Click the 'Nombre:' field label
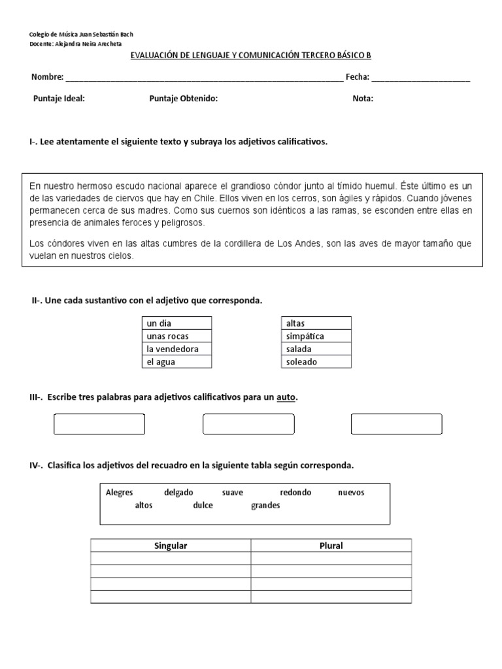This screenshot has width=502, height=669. point(47,77)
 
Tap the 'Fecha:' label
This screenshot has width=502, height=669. point(358,77)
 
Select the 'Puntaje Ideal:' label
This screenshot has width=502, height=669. point(59,99)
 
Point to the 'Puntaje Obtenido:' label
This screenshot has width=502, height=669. point(183,99)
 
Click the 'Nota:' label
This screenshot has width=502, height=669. point(363,99)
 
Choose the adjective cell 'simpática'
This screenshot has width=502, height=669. point(316,336)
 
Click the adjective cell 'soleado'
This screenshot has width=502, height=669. point(316,361)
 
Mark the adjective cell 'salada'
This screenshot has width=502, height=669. point(316,349)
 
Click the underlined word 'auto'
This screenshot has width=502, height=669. point(286,397)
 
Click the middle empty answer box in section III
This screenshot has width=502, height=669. point(248,424)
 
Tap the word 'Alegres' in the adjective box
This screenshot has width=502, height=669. point(119,493)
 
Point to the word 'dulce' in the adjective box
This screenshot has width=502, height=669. point(203,506)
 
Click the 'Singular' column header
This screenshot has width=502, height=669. point(170,546)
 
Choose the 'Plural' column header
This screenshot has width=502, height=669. point(331,546)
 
